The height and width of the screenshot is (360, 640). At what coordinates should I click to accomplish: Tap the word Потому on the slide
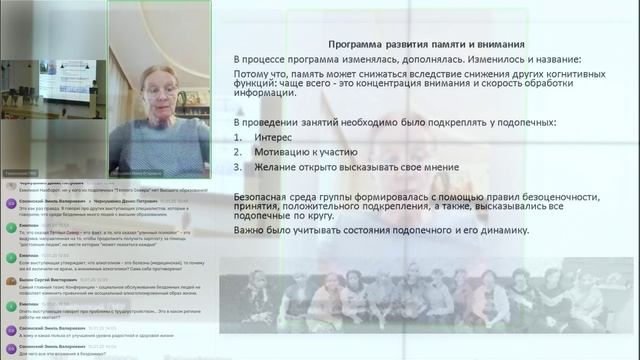251,75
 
